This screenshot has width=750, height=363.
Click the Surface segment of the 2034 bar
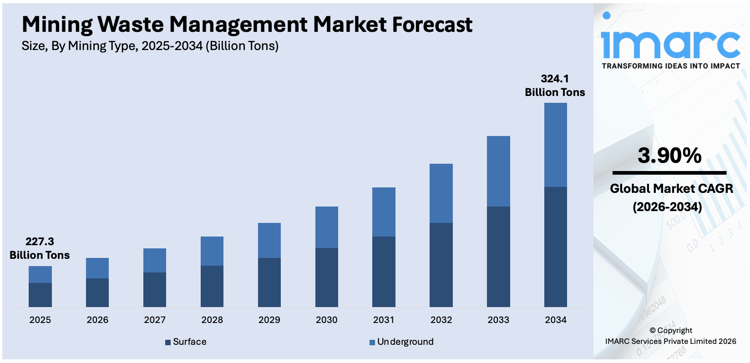tap(555, 247)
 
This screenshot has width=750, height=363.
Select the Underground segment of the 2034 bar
tap(555, 145)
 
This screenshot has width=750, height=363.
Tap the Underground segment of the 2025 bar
tap(40, 274)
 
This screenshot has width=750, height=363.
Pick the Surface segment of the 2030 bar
tap(326, 277)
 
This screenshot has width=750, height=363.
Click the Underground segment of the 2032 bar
tap(441, 193)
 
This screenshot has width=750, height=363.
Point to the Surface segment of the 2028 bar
tap(212, 286)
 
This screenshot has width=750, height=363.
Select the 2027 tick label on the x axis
tap(155, 320)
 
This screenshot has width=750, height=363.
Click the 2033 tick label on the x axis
tap(498, 320)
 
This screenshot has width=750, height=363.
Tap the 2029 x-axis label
tap(269, 320)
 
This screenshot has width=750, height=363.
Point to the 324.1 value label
tap(555, 79)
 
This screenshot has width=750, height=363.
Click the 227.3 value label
tap(40, 242)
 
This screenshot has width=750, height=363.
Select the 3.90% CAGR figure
tap(669, 156)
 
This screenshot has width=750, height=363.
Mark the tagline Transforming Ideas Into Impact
tap(671, 66)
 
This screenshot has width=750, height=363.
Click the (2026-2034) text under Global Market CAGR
tap(667, 207)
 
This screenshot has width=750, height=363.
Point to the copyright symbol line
tap(671, 330)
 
